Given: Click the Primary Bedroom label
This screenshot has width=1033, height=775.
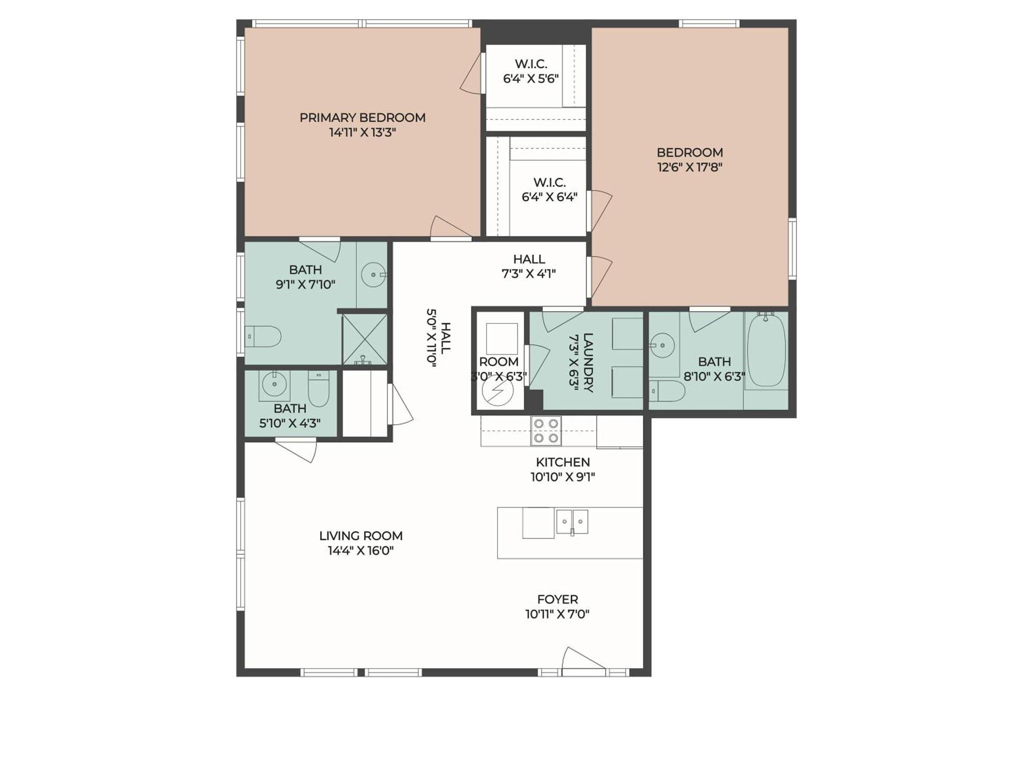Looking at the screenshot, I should tap(363, 118).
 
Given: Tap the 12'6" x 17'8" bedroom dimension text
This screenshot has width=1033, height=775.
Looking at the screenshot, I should tap(690, 167).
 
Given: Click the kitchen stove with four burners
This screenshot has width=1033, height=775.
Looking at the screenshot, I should tap(546, 431).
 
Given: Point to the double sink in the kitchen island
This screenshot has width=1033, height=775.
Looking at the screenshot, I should tap(572, 522).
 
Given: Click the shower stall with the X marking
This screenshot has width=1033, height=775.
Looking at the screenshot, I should tap(365, 339).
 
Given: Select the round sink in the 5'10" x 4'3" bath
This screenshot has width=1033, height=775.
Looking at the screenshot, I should tap(274, 384).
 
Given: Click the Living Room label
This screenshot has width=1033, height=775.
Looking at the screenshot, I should tap(361, 536).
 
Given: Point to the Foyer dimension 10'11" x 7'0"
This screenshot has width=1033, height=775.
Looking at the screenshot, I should tap(557, 614).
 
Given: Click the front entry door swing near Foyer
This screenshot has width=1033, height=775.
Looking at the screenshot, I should tap(581, 660).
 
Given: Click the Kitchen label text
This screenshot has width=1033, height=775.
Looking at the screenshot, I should tap(562, 462).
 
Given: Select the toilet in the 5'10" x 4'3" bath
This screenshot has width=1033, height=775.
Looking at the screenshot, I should tap(319, 389).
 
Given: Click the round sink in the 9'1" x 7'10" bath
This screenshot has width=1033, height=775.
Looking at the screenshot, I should tap(373, 275).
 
